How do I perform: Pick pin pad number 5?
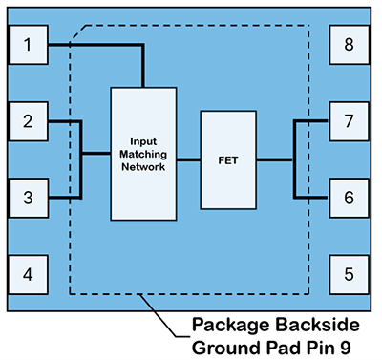coord(349,274)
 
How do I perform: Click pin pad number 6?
coord(349,198)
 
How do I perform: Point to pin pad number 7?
coord(349,121)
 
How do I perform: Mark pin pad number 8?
coord(349,45)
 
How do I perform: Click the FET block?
coord(228,159)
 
